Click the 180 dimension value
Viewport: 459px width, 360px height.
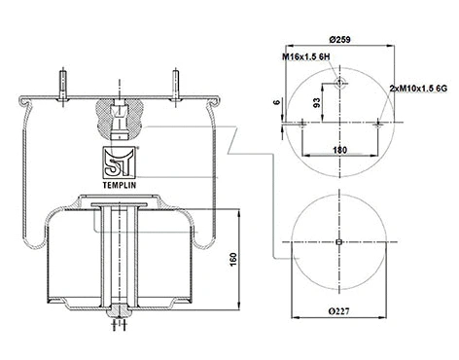point(338,148)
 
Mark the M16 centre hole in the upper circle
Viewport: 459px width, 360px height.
point(337,86)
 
